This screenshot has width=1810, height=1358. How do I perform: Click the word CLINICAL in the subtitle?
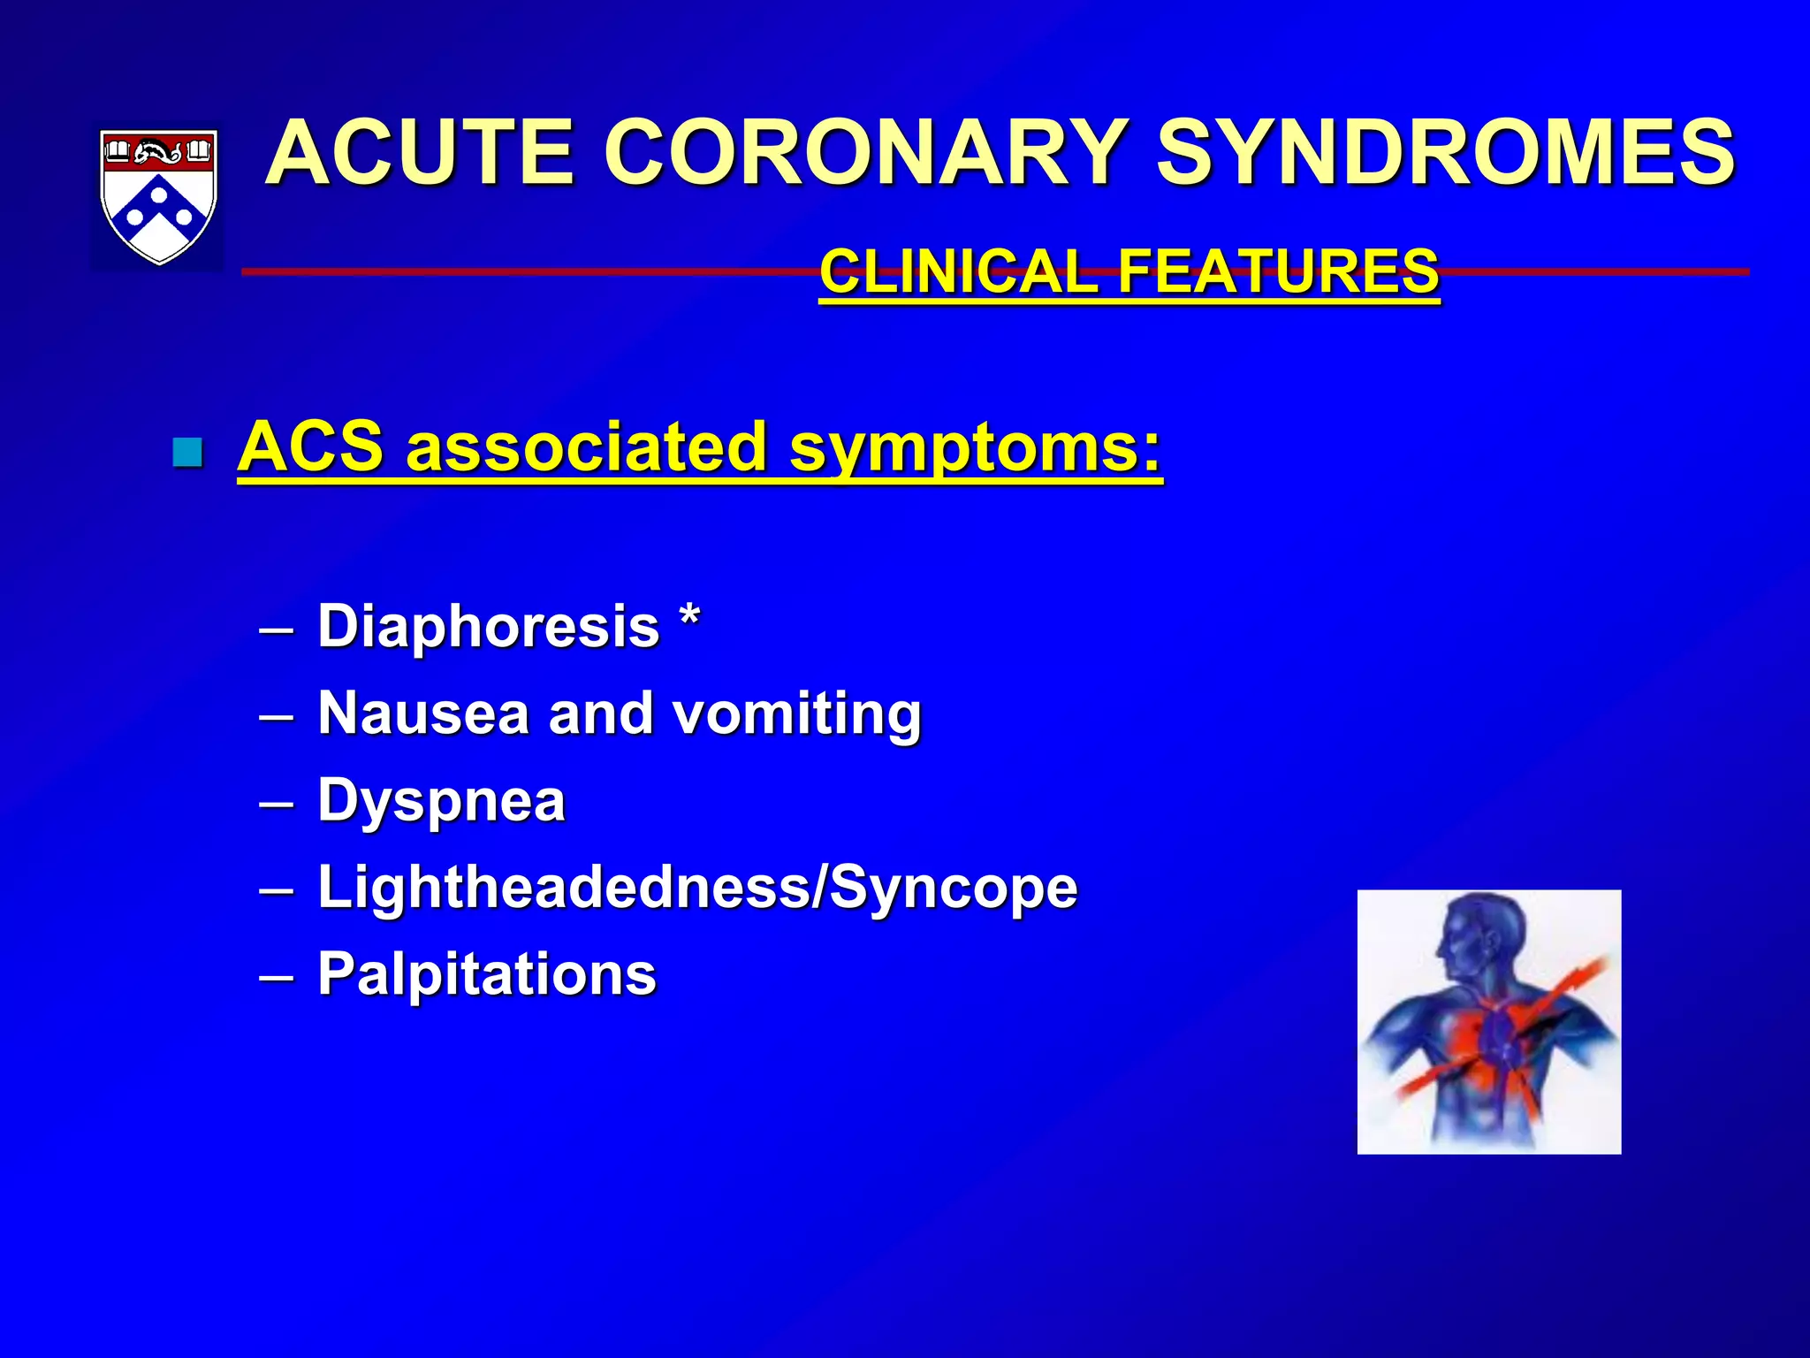[x=959, y=271]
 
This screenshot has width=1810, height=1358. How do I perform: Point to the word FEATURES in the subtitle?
[x=1279, y=271]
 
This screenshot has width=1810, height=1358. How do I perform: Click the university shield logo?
[x=158, y=196]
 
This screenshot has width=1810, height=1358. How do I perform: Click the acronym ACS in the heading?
[x=310, y=447]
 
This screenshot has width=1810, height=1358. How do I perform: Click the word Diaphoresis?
[x=488, y=626]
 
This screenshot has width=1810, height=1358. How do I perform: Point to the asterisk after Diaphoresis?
[x=690, y=615]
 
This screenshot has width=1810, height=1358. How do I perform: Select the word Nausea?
[x=422, y=713]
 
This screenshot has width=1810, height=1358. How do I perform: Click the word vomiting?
[x=797, y=713]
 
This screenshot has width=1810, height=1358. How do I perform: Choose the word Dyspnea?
[x=441, y=801]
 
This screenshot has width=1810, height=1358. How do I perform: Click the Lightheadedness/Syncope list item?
[x=697, y=887]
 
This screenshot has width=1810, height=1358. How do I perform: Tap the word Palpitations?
[x=487, y=974]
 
